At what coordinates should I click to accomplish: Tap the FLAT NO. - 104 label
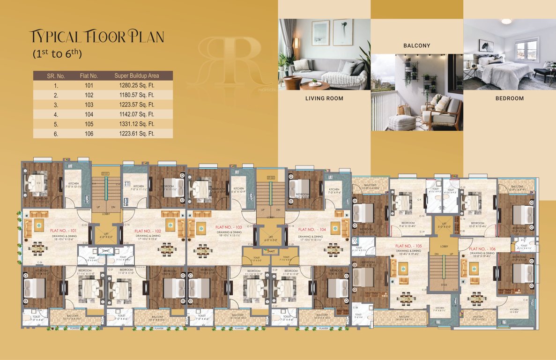(311, 230)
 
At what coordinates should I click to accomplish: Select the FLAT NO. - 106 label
(482, 249)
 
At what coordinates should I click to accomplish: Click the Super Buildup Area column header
(137, 75)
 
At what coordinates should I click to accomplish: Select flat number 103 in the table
(89, 105)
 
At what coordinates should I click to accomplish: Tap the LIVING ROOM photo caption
(324, 98)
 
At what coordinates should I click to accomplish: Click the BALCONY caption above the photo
(416, 45)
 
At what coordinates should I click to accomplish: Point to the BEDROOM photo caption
(510, 98)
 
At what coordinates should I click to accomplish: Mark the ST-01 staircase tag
(106, 173)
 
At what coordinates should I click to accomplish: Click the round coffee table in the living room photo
(314, 84)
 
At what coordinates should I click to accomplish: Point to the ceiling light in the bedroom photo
(506, 21)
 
